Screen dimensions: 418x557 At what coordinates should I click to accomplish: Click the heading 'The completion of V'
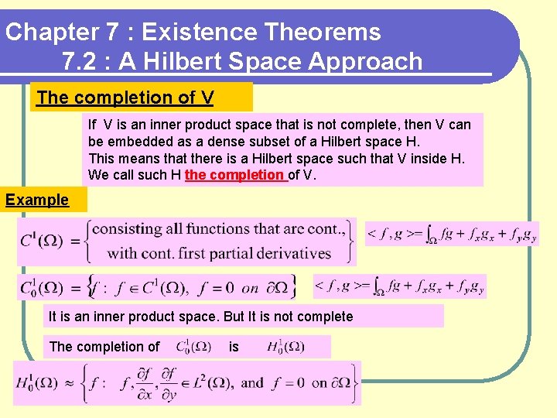(x=125, y=98)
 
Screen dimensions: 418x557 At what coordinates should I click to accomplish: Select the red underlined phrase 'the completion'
(x=235, y=174)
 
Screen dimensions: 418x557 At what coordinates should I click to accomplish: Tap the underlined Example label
(x=37, y=200)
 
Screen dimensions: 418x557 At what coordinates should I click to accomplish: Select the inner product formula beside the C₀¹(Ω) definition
(x=400, y=286)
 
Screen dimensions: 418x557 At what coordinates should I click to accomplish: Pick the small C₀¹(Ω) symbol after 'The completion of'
(x=193, y=347)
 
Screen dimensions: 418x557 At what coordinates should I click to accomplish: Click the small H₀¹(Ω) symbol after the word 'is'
(x=285, y=347)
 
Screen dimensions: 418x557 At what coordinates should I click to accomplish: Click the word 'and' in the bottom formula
(x=252, y=382)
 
